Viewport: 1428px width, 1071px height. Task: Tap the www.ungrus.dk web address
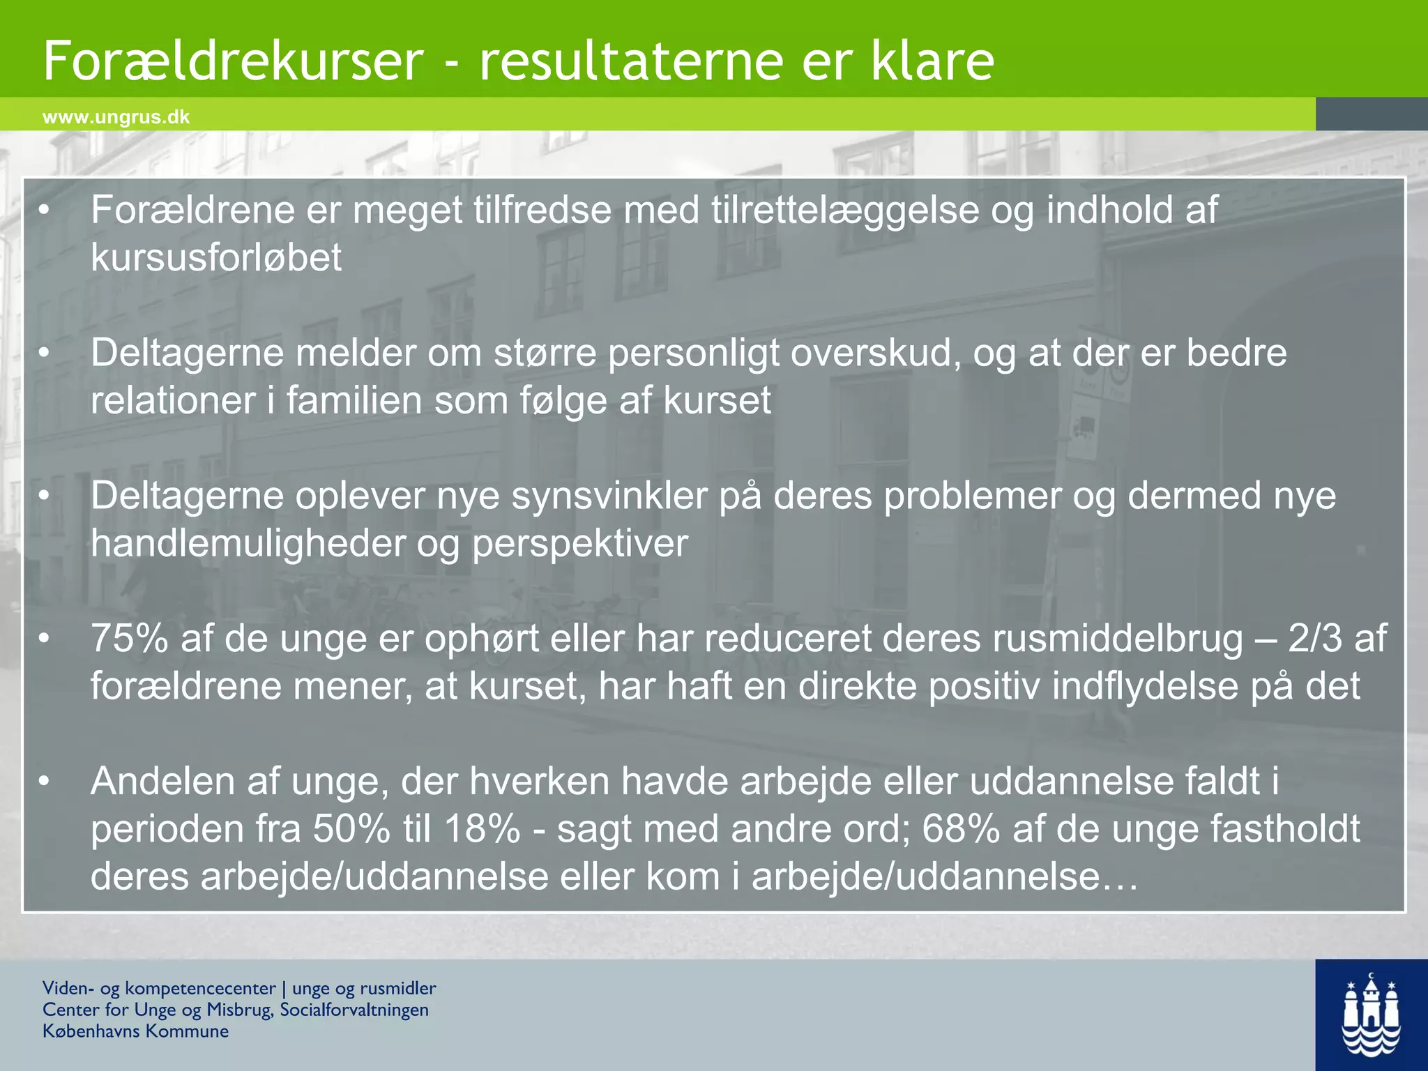[x=116, y=117]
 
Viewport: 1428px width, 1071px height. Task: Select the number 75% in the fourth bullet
[x=130, y=639]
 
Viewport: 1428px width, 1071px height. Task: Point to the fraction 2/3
[x=1314, y=639]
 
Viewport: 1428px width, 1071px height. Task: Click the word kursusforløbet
[x=216, y=259]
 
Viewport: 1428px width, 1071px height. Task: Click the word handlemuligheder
[x=248, y=544]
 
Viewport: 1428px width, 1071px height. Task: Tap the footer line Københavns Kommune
[x=135, y=1031]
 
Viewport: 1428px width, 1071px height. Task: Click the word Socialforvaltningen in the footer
[x=354, y=1010]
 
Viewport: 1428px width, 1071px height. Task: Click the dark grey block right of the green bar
[x=1371, y=114]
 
